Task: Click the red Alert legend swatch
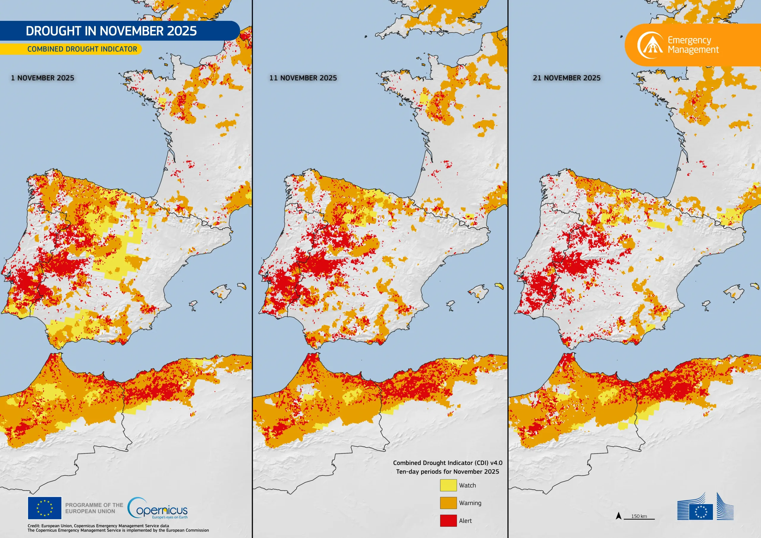point(448,520)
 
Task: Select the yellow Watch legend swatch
point(448,485)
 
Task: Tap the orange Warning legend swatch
point(448,503)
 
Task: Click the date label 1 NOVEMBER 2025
point(43,78)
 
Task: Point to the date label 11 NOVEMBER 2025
point(303,78)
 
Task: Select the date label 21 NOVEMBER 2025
point(567,78)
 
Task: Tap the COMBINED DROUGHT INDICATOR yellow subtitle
point(82,49)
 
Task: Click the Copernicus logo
point(158,508)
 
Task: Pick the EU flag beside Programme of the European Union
point(44,508)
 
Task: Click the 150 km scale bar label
point(639,516)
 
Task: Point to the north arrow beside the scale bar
point(619,516)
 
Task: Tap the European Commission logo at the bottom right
point(705,507)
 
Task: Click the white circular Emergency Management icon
point(650,45)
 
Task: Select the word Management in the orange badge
point(693,50)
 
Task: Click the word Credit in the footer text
point(34,526)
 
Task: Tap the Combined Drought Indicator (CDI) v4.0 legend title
point(447,463)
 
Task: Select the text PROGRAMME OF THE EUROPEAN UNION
point(94,508)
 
